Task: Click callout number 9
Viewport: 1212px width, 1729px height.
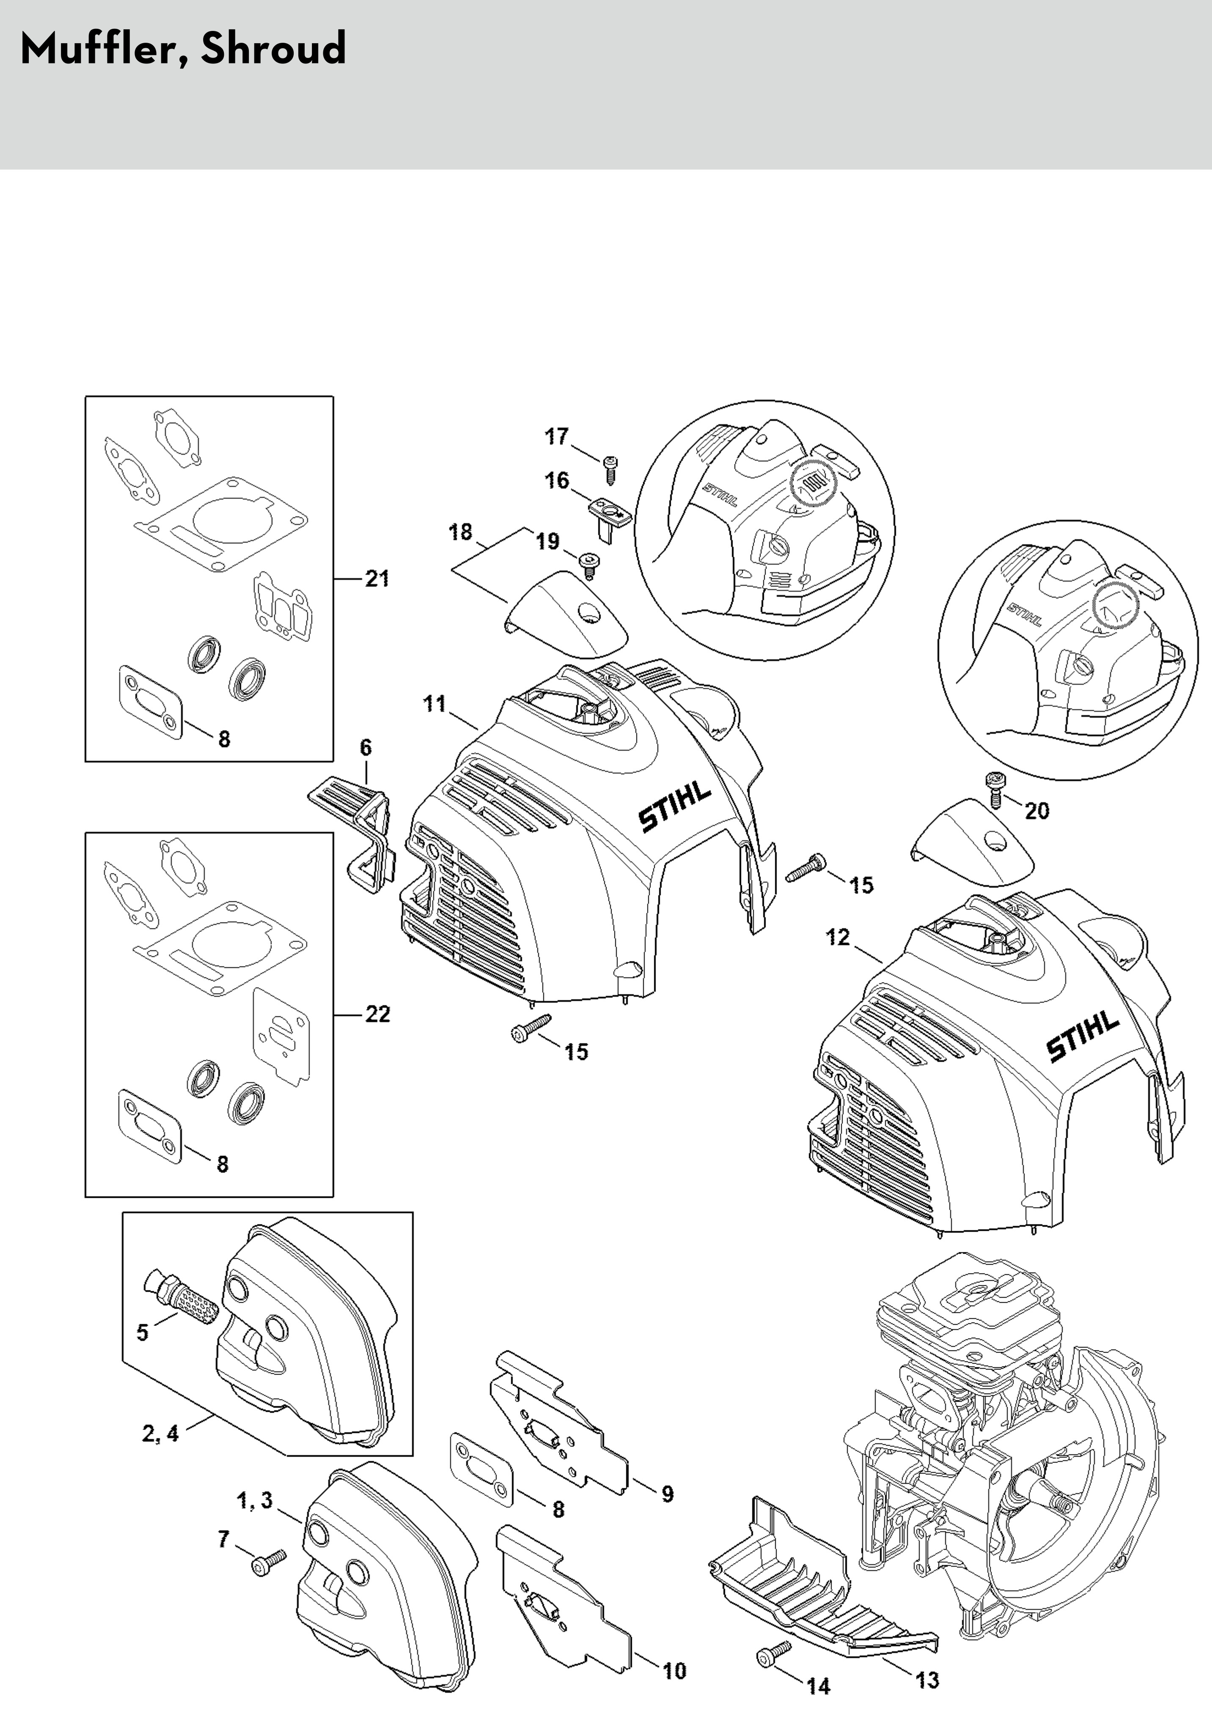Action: (667, 1494)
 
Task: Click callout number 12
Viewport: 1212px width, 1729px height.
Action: (837, 938)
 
